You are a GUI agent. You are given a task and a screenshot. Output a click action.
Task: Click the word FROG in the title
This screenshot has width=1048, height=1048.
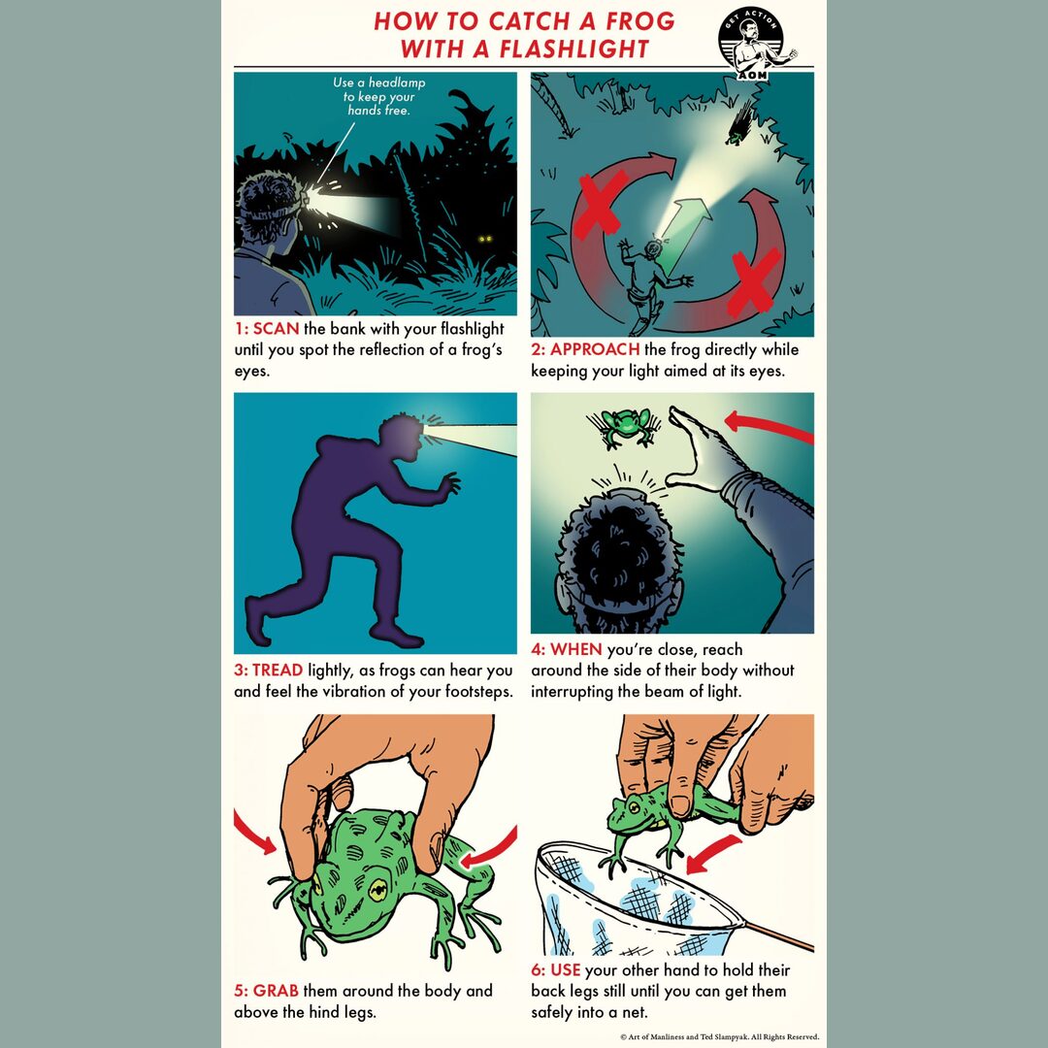[640, 21]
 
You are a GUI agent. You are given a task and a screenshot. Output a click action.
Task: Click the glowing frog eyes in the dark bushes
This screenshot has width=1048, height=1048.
[485, 239]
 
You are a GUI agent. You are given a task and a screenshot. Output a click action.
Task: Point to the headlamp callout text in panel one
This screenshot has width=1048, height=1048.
[379, 96]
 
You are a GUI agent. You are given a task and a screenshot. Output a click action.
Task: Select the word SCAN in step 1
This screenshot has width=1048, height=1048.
[276, 329]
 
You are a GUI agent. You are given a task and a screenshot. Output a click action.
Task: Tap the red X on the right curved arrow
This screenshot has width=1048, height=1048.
[754, 281]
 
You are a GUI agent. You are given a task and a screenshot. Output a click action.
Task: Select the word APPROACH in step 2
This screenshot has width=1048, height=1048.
[595, 349]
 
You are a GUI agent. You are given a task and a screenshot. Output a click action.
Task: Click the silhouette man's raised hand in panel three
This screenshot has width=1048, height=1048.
[449, 482]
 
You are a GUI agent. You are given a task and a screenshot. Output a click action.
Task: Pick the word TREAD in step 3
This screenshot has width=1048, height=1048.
[278, 671]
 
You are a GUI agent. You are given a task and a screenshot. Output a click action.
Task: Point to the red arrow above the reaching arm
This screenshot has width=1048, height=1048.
[769, 426]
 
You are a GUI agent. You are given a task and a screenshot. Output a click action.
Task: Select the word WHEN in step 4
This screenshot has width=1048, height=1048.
[576, 649]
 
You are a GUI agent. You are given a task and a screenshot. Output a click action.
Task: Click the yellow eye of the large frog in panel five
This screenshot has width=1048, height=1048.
[378, 889]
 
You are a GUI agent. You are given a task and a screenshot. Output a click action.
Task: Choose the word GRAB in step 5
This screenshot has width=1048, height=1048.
[276, 991]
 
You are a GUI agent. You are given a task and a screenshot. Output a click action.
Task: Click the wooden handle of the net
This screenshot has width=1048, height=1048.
[777, 935]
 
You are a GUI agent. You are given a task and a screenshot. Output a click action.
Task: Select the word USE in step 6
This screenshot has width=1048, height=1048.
[566, 969]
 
